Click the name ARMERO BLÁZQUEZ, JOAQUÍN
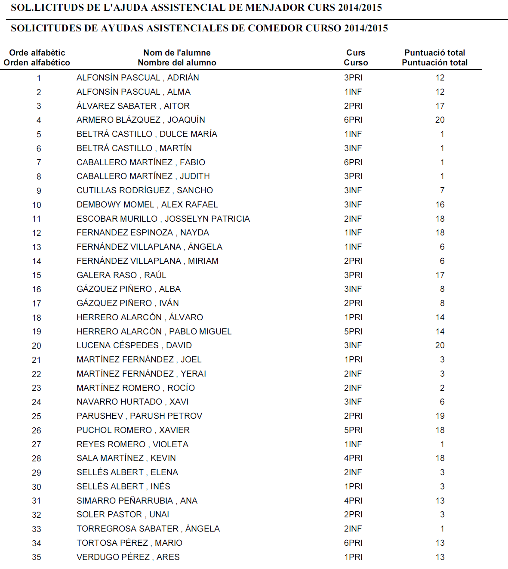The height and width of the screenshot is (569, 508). click(141, 120)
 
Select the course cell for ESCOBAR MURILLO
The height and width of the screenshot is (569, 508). click(353, 219)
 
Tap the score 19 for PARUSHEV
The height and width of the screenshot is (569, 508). click(440, 416)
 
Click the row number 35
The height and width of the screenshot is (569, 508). click(37, 557)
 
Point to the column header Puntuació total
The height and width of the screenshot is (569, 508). click(434, 53)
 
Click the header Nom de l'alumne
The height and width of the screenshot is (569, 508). click(177, 53)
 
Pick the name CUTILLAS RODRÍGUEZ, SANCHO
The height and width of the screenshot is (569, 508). click(145, 190)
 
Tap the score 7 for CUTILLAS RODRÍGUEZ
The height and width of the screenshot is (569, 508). click(442, 190)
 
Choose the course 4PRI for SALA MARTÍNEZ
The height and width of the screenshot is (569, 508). click(353, 458)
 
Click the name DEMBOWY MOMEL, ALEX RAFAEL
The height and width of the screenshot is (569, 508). click(147, 204)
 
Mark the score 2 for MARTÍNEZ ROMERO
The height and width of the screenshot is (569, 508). click(442, 388)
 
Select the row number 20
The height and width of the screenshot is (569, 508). click(37, 346)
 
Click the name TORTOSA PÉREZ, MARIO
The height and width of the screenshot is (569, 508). click(129, 543)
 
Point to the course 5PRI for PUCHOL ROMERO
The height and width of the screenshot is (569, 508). click(353, 430)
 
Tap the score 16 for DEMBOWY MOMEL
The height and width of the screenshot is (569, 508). click(440, 204)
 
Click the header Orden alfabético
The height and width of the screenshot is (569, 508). click(37, 62)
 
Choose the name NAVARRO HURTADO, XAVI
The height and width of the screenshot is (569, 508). click(132, 402)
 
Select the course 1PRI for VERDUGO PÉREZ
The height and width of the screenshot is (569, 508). click(353, 557)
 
